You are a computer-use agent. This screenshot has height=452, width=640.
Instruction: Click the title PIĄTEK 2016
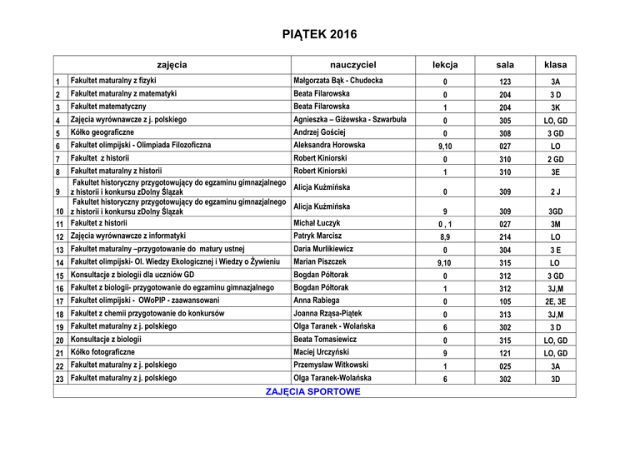[320, 34]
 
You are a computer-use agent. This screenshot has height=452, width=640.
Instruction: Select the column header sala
[503, 64]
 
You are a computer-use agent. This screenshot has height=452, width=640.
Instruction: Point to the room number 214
[502, 238]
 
